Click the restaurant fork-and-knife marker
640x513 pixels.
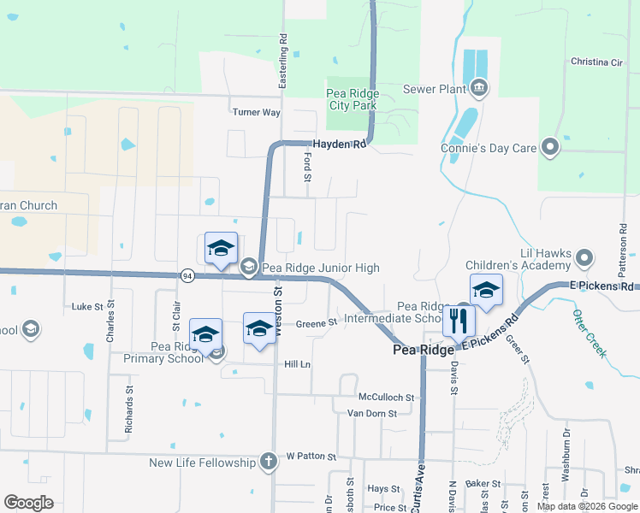pyautogui.click(x=459, y=321)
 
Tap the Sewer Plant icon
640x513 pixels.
pyautogui.click(x=478, y=87)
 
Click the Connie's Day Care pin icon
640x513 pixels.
pyautogui.click(x=550, y=148)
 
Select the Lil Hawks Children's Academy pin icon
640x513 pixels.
pyautogui.click(x=584, y=257)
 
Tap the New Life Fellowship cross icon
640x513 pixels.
pyautogui.click(x=268, y=463)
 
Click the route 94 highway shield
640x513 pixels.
pyautogui.click(x=187, y=275)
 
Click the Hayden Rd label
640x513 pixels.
pyautogui.click(x=339, y=144)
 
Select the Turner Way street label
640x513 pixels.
pyautogui.click(x=256, y=112)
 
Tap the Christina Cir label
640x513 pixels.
pyautogui.click(x=596, y=62)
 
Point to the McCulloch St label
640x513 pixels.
pyautogui.click(x=386, y=398)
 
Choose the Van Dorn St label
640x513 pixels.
pyautogui.click(x=371, y=413)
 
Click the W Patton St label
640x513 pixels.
pyautogui.click(x=311, y=457)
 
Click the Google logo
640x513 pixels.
pyautogui.click(x=29, y=503)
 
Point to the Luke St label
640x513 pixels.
pyautogui.click(x=86, y=306)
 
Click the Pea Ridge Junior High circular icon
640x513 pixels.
pyautogui.click(x=249, y=268)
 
